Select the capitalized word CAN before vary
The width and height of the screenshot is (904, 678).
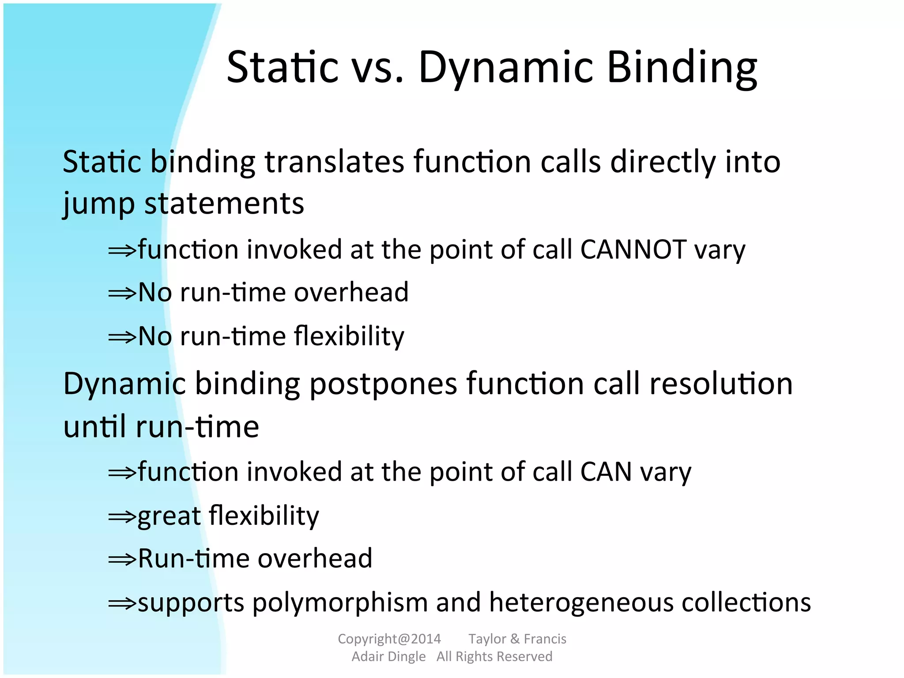[x=606, y=472]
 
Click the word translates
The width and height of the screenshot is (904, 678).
[x=334, y=162]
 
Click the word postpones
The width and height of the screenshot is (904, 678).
[x=383, y=384]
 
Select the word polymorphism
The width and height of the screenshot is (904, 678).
[x=340, y=603]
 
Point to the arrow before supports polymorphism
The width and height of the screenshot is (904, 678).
[x=122, y=603]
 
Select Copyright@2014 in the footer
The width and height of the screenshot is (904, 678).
[x=389, y=639]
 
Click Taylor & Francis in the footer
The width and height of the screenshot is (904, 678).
[x=517, y=639]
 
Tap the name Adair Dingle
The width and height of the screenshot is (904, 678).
[x=388, y=657]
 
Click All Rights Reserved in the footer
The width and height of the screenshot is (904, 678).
[x=494, y=657]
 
